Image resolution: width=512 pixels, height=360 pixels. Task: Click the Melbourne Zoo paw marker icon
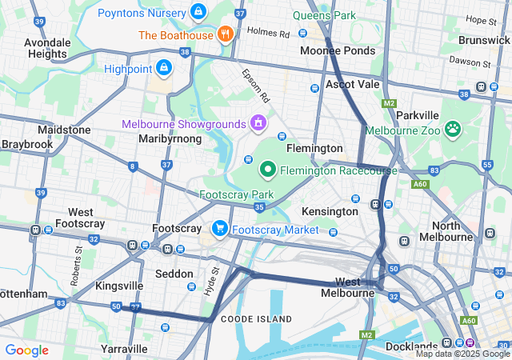454,129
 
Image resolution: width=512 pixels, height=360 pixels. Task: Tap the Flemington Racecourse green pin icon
267,170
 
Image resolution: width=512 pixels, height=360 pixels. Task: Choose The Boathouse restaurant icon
226,35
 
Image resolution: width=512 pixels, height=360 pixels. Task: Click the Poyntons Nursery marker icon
198,13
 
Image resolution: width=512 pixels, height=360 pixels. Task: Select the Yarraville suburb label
124,349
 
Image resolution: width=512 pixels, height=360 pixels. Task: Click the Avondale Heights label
47,47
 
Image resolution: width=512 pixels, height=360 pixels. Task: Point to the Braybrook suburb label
21,145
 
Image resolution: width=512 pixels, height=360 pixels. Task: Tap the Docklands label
410,346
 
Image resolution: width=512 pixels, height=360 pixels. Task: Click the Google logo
26,350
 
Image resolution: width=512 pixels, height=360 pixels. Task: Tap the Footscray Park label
236,194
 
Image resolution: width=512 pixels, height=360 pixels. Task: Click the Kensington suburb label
330,211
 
